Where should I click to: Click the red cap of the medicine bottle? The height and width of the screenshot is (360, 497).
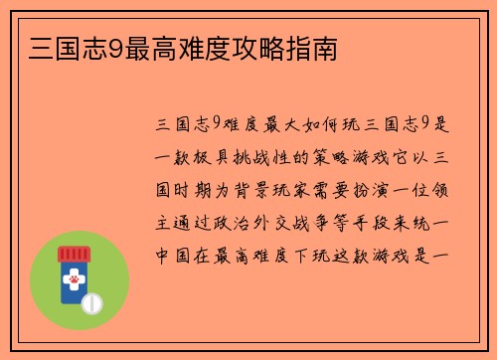tap(74, 254)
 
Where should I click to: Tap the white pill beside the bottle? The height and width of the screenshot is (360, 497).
tap(91, 301)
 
